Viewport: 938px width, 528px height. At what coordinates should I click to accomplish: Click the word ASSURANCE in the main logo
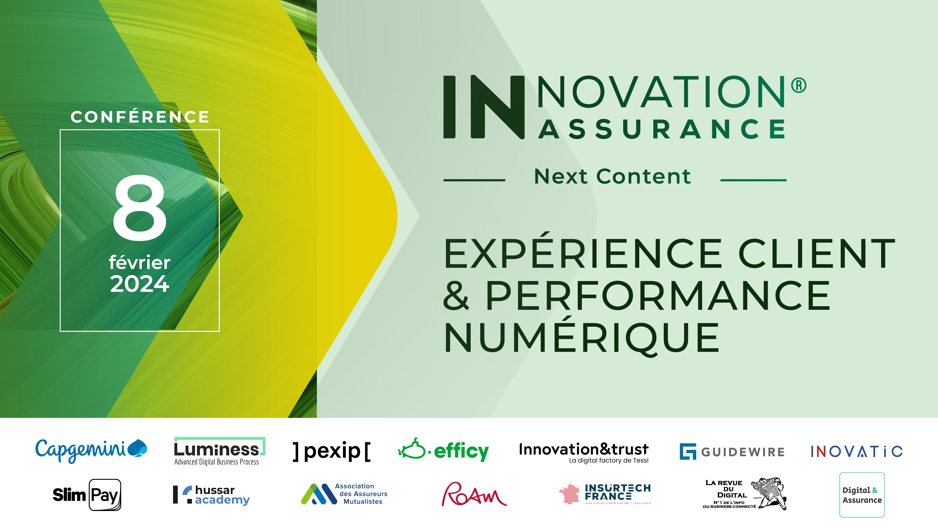point(662,129)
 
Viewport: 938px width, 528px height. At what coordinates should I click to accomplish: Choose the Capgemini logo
point(91,450)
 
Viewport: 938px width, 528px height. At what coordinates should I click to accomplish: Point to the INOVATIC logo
point(856,452)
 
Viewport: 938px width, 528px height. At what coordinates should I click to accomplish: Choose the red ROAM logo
point(474,494)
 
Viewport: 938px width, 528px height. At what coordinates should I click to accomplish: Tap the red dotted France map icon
point(569,494)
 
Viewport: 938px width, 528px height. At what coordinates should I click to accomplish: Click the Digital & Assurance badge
point(862,495)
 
